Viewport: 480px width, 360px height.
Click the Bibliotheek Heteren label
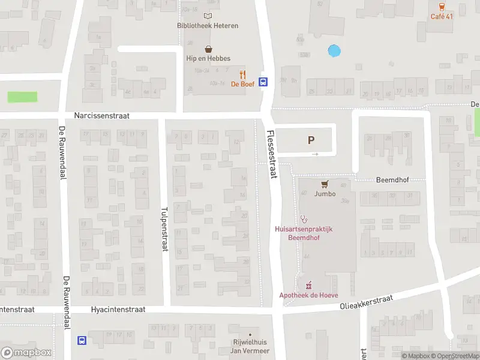pyautogui.click(x=208, y=26)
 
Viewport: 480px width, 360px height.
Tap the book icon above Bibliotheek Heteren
pyautogui.click(x=208, y=16)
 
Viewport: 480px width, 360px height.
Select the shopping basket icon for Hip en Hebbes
pyautogui.click(x=208, y=49)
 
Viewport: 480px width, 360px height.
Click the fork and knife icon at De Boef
pyautogui.click(x=242, y=74)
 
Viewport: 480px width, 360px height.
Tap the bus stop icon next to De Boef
pyautogui.click(x=263, y=83)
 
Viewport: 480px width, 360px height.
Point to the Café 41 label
pyautogui.click(x=442, y=16)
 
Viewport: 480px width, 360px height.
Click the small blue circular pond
pyautogui.click(x=334, y=52)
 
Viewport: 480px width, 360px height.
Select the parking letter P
pyautogui.click(x=311, y=140)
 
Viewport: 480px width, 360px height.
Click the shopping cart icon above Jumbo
pyautogui.click(x=325, y=184)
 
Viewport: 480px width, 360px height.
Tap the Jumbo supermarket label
pyautogui.click(x=325, y=194)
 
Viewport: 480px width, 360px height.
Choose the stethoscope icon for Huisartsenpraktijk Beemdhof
pyautogui.click(x=304, y=219)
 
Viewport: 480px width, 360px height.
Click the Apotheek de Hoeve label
pyautogui.click(x=308, y=295)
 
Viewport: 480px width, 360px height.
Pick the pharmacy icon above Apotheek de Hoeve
pyautogui.click(x=309, y=284)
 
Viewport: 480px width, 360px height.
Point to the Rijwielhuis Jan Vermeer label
pyautogui.click(x=250, y=346)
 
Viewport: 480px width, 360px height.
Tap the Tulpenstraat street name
pyautogui.click(x=164, y=230)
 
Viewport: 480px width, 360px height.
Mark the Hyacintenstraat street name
pyautogui.click(x=118, y=310)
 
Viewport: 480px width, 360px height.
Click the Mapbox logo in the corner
pyautogui.click(x=26, y=352)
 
